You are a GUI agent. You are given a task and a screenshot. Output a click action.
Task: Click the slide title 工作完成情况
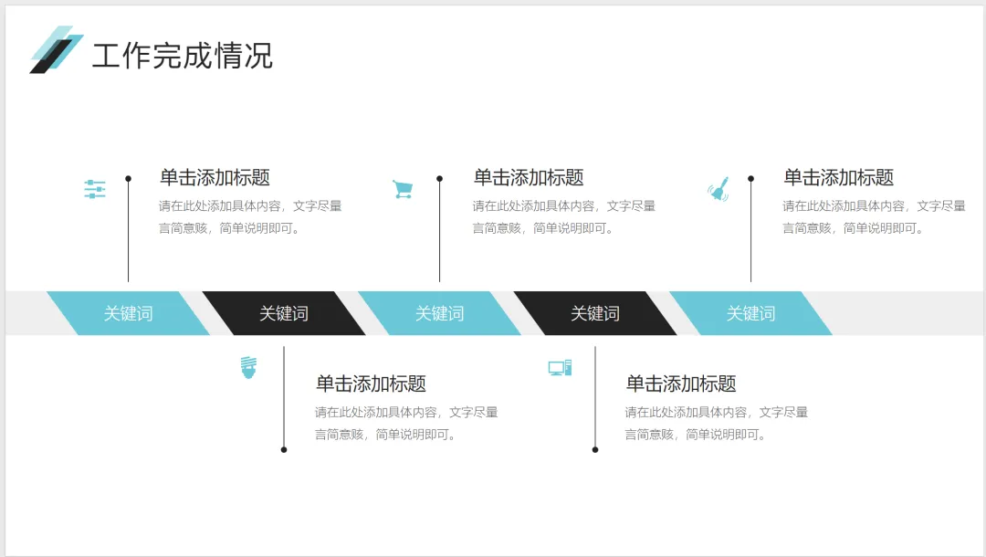pos(183,56)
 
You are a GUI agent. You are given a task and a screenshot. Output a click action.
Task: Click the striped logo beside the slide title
pos(56,49)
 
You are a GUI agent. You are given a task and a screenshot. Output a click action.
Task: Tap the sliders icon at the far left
pos(95,190)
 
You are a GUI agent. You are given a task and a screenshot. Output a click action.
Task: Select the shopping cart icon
pos(403,189)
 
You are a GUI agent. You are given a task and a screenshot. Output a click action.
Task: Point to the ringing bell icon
pos(719,189)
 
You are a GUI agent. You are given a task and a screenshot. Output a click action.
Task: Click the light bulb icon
pos(248,367)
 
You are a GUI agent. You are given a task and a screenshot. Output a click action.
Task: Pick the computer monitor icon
pos(560,368)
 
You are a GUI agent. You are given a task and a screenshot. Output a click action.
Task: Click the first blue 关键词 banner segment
pos(128,313)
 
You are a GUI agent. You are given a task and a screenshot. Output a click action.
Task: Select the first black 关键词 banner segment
pos(284,313)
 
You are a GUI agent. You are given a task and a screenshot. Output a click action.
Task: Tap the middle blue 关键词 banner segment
pos(439,313)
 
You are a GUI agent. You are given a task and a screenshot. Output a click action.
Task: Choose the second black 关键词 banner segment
pos(595,313)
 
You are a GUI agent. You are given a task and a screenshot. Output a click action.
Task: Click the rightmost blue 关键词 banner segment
pos(750,313)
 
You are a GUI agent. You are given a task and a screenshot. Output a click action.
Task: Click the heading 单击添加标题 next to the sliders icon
pos(215,178)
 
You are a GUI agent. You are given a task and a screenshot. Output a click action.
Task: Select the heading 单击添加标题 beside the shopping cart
pos(528,178)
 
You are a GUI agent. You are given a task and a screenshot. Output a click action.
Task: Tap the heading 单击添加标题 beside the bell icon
pos(838,178)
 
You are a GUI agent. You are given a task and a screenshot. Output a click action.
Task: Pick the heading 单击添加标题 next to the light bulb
pos(371,384)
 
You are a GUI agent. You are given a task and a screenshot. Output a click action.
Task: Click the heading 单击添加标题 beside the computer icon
pos(680,384)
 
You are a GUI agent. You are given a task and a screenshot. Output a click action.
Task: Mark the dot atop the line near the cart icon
pos(439,179)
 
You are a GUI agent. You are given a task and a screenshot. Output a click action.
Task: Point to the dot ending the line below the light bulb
pos(284,449)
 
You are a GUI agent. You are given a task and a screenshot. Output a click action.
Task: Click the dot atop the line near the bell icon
pos(750,179)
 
